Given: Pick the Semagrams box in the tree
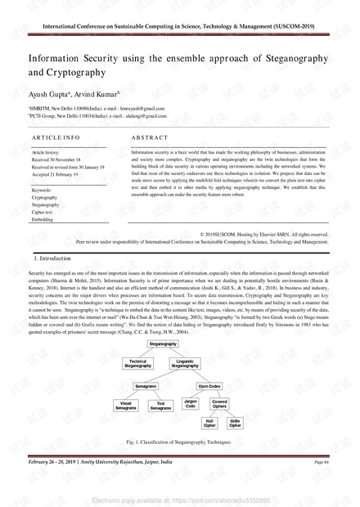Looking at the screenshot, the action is tap(146, 384).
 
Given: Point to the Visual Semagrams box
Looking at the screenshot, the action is tap(126, 405).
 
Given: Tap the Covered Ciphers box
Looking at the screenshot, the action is tap(220, 404).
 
